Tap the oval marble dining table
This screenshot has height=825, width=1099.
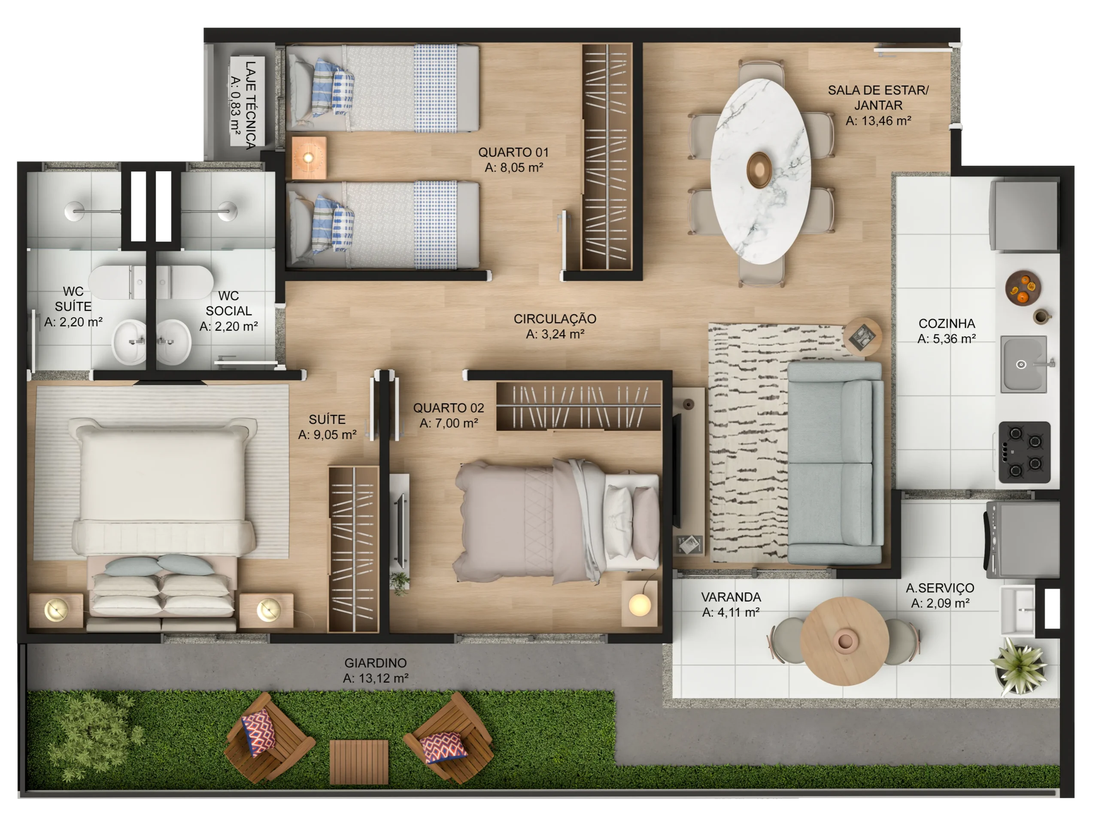(760, 171)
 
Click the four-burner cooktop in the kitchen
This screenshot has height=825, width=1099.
(1024, 452)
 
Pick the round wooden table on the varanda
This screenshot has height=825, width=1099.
(844, 641)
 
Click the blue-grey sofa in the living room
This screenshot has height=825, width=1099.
(835, 463)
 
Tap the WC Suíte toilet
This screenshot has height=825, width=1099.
(117, 282)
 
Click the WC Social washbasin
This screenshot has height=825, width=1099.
(174, 342)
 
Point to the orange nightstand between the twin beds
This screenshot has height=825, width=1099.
(309, 158)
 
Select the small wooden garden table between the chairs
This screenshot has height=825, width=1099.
(359, 762)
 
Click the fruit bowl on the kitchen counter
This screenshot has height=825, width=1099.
(1023, 288)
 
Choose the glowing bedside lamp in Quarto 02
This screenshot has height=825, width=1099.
(639, 605)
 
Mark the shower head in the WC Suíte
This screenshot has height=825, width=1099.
(73, 211)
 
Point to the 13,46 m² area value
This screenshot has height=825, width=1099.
(878, 120)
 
